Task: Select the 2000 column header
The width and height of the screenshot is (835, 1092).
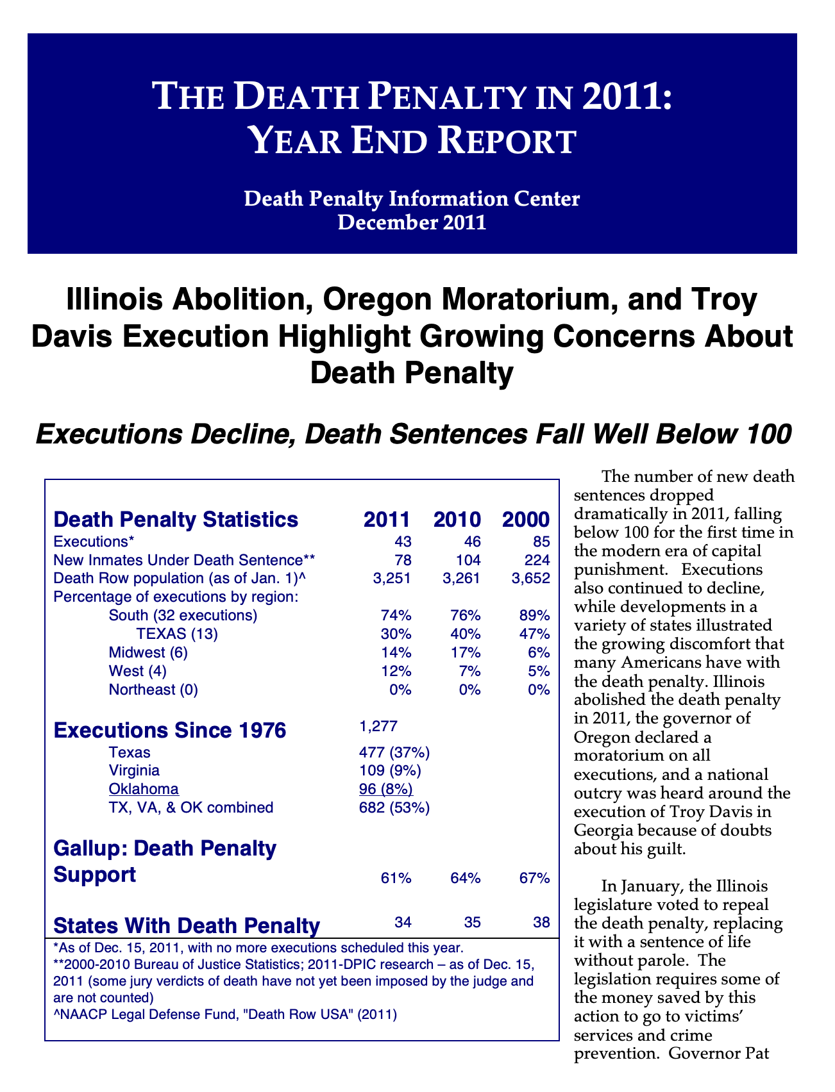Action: [526, 519]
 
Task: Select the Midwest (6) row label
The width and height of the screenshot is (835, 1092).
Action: [148, 653]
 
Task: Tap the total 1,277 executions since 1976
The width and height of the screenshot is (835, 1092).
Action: [379, 726]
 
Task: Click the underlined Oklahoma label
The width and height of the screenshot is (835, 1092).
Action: [144, 789]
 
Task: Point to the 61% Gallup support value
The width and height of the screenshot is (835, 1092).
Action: [396, 878]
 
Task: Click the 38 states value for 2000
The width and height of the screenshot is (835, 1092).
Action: [542, 923]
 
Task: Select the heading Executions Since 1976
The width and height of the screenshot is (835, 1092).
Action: [170, 731]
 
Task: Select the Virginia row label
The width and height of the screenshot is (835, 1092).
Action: [134, 770]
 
